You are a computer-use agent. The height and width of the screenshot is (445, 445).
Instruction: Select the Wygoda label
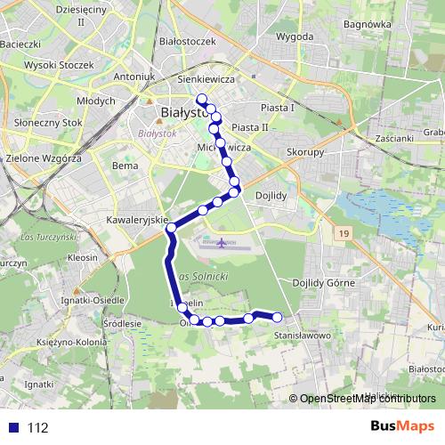click(x=295, y=36)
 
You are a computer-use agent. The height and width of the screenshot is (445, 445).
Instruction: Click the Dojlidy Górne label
click(x=324, y=283)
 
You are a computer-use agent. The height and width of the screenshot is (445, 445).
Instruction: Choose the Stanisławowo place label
click(x=303, y=336)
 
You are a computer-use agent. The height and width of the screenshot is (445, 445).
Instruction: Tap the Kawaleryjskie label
click(x=137, y=218)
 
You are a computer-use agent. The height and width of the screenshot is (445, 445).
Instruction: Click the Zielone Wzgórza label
click(x=44, y=158)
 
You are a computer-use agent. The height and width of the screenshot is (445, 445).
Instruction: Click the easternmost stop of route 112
click(x=277, y=317)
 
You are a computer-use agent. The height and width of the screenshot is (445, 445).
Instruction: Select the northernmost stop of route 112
click(x=201, y=99)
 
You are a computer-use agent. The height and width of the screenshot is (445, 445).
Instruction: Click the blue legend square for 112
click(x=12, y=427)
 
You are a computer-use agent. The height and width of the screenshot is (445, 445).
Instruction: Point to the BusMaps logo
click(x=403, y=427)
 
